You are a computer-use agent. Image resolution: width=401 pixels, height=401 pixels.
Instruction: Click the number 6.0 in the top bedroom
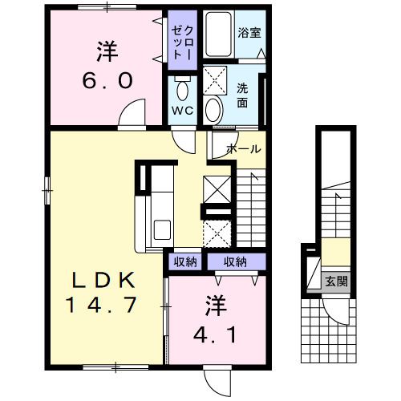(x=104, y=80)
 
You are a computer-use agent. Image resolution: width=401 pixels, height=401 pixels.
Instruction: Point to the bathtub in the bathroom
(x=217, y=34)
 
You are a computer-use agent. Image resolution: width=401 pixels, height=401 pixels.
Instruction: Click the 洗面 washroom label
(x=242, y=96)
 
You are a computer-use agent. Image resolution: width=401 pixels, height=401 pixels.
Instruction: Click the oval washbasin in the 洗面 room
(x=214, y=109)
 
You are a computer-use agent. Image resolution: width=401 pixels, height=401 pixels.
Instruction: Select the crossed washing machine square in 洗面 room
(x=217, y=80)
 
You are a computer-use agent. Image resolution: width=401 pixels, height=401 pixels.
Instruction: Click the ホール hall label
(x=243, y=149)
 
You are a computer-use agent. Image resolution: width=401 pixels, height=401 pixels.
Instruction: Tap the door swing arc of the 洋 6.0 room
(x=132, y=115)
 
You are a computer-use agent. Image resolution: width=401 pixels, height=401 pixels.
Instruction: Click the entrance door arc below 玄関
(x=338, y=310)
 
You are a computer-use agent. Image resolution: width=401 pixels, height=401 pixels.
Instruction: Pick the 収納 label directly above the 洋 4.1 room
(x=236, y=261)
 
